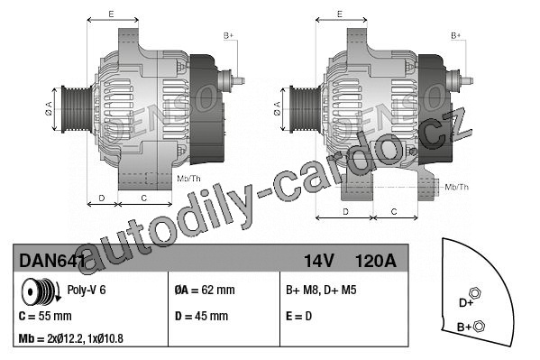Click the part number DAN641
52,261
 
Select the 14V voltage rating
318,261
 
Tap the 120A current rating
375,261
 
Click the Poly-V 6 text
87,290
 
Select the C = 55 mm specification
45,316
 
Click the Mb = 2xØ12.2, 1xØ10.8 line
70,338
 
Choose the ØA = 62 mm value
205,290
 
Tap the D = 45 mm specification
201,316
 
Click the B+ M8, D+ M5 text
321,290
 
